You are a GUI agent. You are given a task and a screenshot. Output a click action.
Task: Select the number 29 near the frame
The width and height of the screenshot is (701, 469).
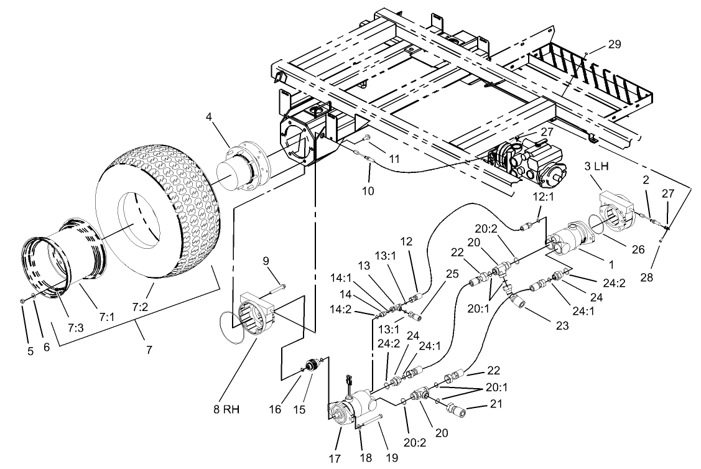615,44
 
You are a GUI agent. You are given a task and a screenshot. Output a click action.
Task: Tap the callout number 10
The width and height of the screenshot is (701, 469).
368,191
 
